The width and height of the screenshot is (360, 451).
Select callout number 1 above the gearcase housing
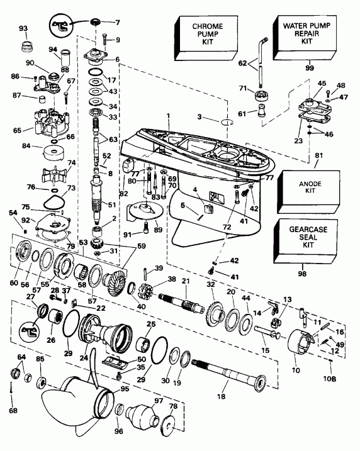pyautogui.click(x=168, y=114)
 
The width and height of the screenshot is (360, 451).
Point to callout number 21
pyautogui.click(x=185, y=280)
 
